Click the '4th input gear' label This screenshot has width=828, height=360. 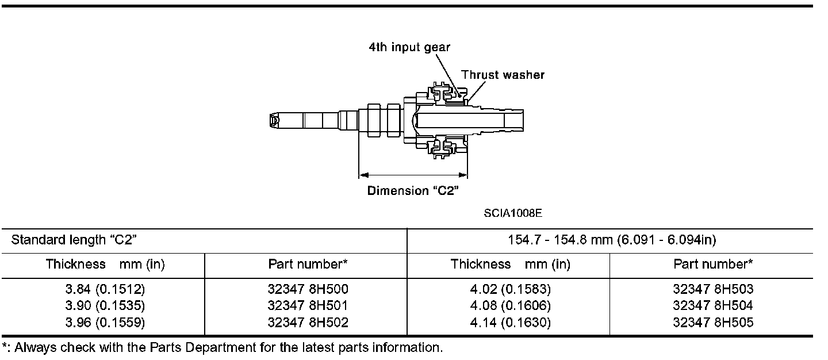(409, 48)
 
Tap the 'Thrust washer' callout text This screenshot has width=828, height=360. (503, 75)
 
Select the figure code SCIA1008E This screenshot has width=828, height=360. (513, 213)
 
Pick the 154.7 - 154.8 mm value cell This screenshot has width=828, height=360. (612, 240)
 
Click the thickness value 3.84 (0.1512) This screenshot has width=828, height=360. (105, 289)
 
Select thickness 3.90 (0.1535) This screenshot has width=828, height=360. (105, 306)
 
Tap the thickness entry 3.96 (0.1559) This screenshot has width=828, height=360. (105, 323)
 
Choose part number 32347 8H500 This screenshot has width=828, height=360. (308, 289)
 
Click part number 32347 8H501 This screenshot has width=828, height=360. (308, 306)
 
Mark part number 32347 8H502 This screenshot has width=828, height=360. (308, 323)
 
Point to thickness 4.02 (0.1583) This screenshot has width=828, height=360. (510, 289)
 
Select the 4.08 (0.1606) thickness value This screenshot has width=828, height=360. (510, 306)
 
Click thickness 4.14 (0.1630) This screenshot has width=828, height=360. (510, 323)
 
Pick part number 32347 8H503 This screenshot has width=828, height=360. (712, 289)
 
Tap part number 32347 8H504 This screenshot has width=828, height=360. (712, 306)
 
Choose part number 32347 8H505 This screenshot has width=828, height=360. (712, 323)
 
